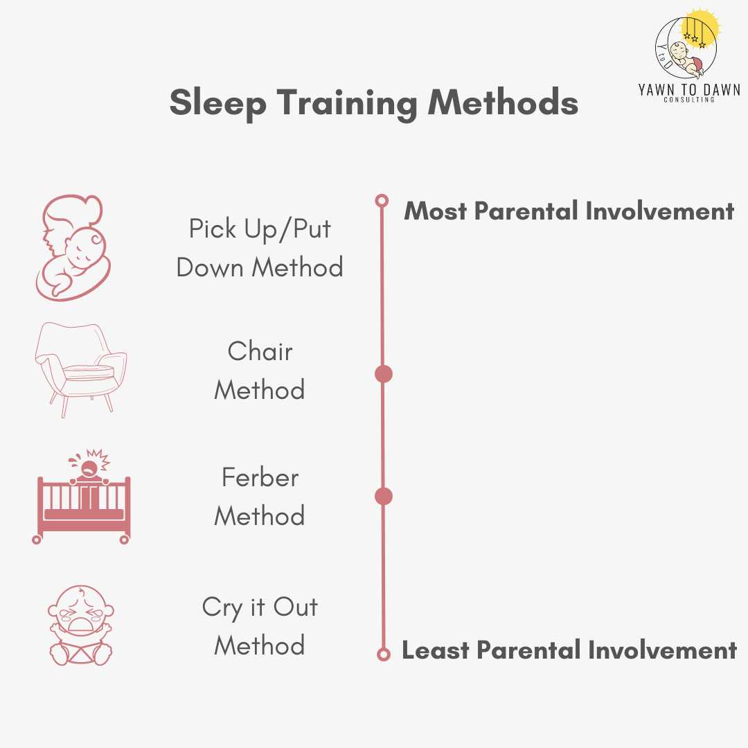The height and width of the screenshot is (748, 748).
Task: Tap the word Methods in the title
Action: point(503,103)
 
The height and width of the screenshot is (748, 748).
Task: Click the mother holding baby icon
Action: point(73,248)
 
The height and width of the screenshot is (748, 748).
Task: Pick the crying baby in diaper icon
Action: point(81,625)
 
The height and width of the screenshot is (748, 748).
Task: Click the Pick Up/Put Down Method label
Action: point(260,248)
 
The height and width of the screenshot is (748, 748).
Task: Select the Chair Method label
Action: point(260,371)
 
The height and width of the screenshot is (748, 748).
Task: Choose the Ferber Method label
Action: point(260,497)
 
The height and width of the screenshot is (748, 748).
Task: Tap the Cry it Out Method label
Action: point(260,626)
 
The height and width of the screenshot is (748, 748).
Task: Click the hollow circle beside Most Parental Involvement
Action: point(381,201)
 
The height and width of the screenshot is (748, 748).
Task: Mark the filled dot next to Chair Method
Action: point(383,374)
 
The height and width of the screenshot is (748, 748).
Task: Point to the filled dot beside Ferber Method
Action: point(383,496)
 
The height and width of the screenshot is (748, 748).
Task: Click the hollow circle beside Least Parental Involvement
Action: point(383,654)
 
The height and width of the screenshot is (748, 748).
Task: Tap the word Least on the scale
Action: point(436,650)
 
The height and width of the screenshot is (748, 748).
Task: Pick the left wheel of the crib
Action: point(37,539)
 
